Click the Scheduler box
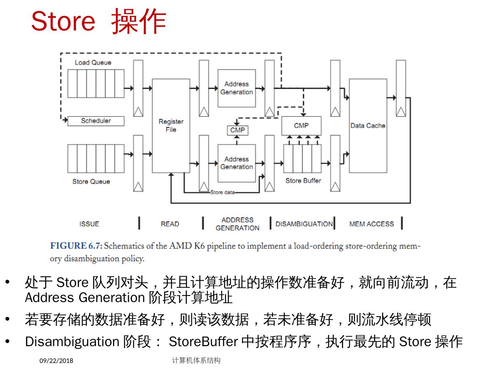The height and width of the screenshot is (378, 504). coord(96,121)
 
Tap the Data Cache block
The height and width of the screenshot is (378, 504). coord(368,126)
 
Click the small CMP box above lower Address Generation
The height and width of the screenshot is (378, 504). coord(237,130)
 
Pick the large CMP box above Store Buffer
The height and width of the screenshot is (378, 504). coord(301,126)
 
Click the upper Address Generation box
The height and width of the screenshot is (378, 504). coord(237,88)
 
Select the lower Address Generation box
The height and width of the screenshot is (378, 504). coord(237,163)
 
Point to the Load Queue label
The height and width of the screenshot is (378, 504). coord(93,63)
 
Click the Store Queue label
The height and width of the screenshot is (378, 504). coord(91,181)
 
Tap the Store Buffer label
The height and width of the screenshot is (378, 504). coord(303,181)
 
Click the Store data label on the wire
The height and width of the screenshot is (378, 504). coord(222,192)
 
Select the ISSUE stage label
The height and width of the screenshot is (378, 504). coord(89,224)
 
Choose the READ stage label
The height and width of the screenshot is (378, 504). coord(170,224)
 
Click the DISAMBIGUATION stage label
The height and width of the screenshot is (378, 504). coord(304,224)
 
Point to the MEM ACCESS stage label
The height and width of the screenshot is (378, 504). coord(371,224)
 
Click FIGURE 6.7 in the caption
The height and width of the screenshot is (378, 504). coord(76,246)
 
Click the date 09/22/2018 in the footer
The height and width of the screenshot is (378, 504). coord(56,361)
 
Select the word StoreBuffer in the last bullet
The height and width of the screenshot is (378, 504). coord(203,342)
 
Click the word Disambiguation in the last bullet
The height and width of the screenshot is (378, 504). coord(72,342)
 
